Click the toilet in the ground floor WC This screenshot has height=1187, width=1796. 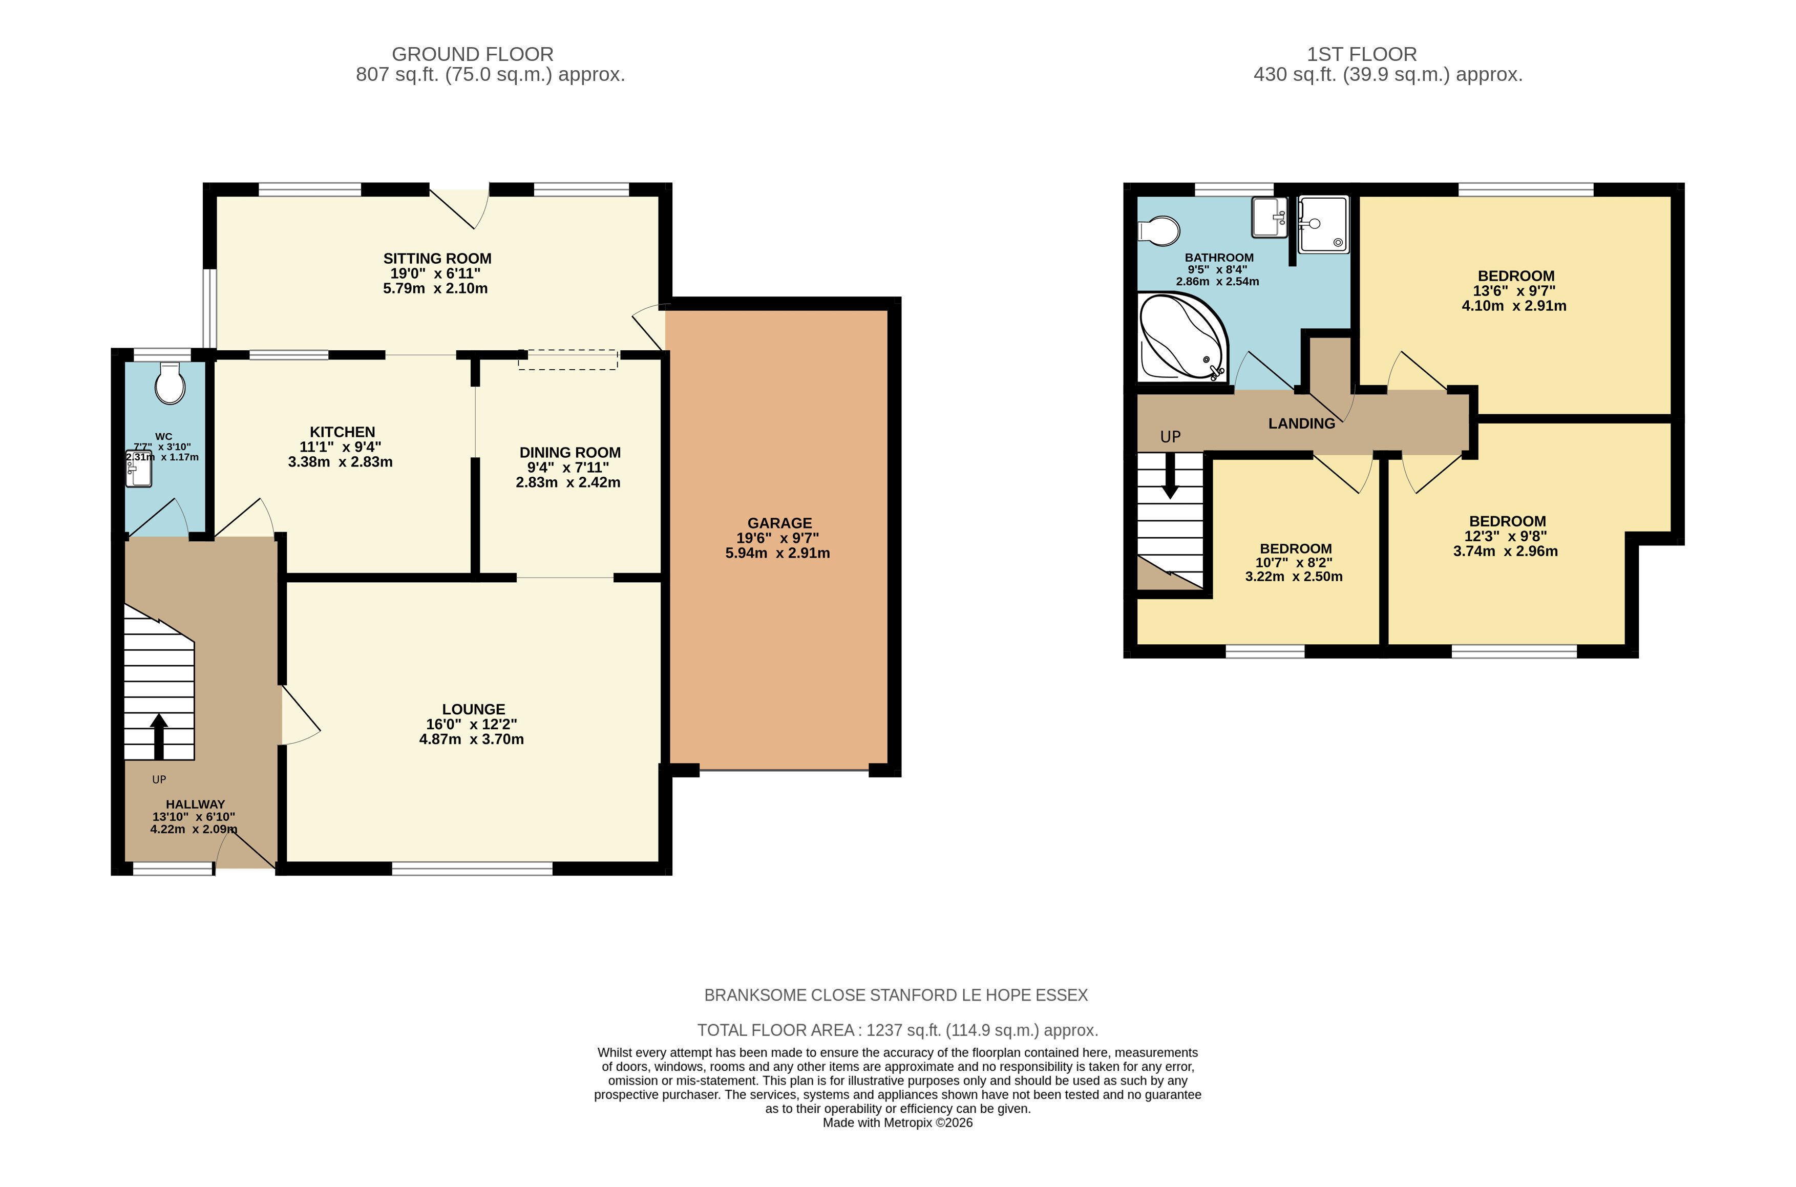coord(170,383)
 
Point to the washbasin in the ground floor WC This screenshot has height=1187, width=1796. coord(138,470)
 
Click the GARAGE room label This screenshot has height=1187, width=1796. coord(779,523)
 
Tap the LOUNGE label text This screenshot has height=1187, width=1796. coord(473,709)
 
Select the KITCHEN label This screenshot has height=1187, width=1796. coord(342,432)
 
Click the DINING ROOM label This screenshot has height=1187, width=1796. coord(570,453)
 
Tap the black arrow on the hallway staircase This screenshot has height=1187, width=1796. coord(159,736)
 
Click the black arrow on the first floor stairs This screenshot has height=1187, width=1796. coord(1170,475)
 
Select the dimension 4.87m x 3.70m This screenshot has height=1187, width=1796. coord(472,739)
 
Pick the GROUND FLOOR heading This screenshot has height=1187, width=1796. coord(472,54)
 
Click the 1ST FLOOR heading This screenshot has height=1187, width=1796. coord(1362,54)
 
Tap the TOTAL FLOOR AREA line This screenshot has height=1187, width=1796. coord(898,1030)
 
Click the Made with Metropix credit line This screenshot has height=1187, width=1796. coord(898,1122)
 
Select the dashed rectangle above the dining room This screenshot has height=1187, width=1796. coord(567,359)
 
